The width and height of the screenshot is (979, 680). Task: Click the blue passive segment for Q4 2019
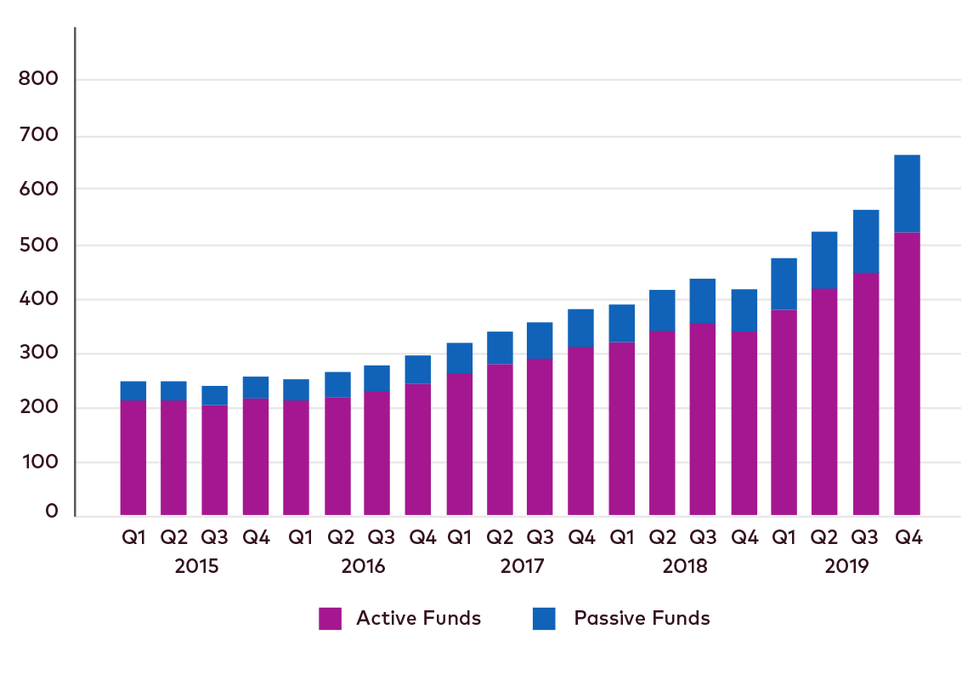pos(908,193)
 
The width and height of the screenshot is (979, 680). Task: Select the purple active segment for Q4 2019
pos(908,373)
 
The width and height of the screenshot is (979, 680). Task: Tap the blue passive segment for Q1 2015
pos(133,391)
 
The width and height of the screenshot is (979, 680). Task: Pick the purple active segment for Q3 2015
pos(214,460)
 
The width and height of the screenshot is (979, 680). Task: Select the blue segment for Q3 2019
pos(866,241)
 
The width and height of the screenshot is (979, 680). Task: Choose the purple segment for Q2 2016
pos(337,456)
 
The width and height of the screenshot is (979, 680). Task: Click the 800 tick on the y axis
pos(39,80)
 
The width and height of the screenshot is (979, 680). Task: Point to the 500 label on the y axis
pos(39,245)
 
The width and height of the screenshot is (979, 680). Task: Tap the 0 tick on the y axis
pos(52,512)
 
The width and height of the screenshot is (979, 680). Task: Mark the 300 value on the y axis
pos(39,354)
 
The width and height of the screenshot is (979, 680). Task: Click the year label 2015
pos(196,566)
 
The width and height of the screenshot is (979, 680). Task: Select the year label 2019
pos(846,566)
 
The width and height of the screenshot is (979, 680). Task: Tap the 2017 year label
pos(521,566)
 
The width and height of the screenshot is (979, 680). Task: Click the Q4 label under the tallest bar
pos(908,538)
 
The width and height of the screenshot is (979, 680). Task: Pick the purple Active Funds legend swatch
pos(330,619)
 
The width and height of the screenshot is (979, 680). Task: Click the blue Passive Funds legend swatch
pos(544,619)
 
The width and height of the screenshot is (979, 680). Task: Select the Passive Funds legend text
pos(642,619)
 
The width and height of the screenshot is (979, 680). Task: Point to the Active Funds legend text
pos(418,619)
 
